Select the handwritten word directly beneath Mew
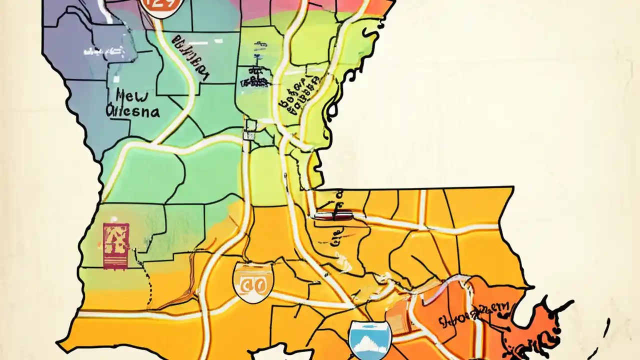click(x=133, y=111)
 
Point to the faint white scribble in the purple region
click(x=100, y=50)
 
